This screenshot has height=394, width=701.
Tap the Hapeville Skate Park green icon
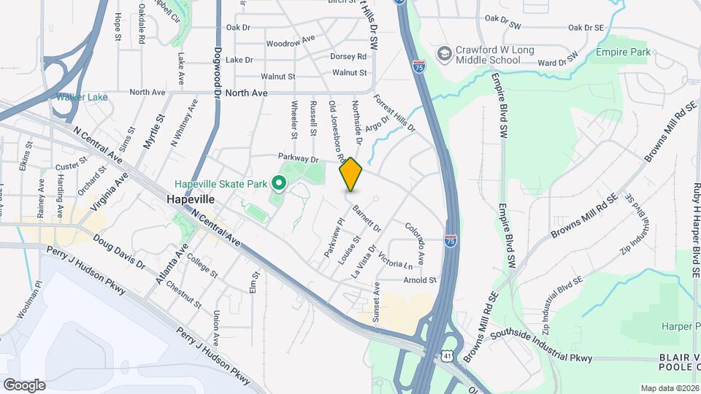[x=278, y=182]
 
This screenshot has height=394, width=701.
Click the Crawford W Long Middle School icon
[x=444, y=54]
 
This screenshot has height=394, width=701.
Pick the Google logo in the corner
[x=24, y=385]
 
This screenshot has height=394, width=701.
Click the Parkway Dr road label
[x=299, y=158]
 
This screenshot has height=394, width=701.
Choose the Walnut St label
[x=349, y=73]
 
